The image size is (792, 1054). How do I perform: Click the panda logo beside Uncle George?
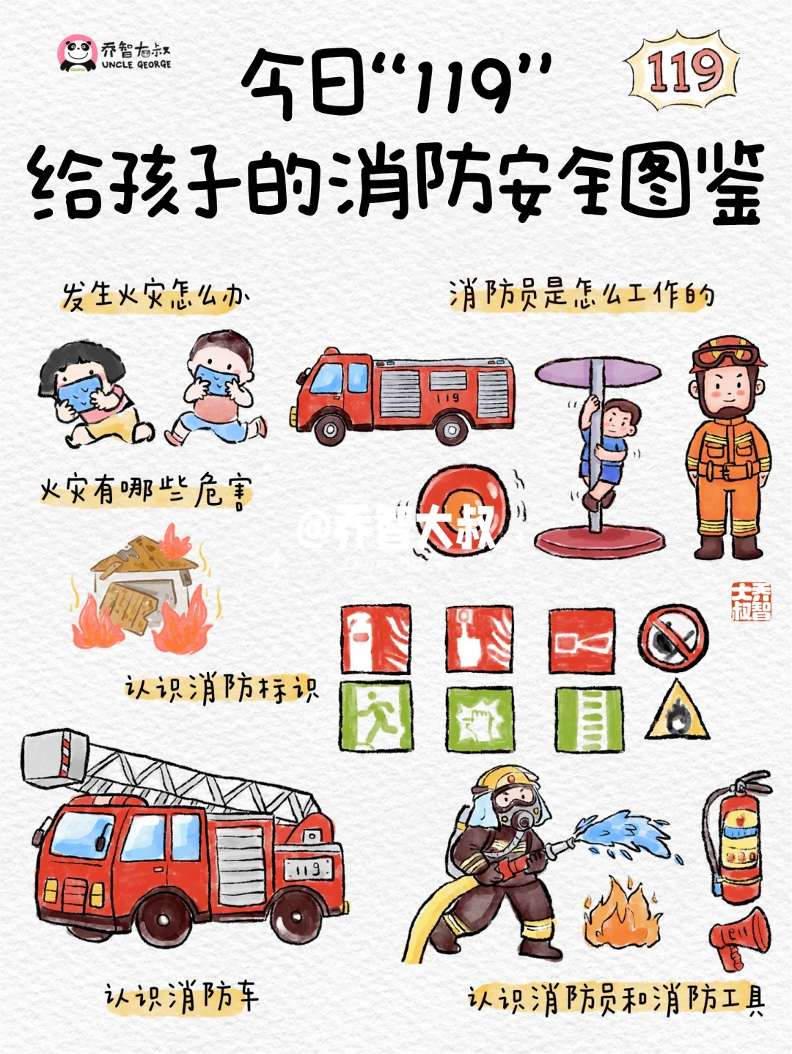[x=78, y=54]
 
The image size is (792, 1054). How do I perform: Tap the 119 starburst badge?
[x=683, y=71]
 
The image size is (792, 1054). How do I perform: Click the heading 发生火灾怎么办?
[x=155, y=297]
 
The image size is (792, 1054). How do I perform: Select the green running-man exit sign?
[x=375, y=717]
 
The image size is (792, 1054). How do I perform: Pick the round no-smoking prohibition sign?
[x=672, y=638]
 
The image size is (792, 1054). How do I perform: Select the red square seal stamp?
[x=750, y=602]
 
